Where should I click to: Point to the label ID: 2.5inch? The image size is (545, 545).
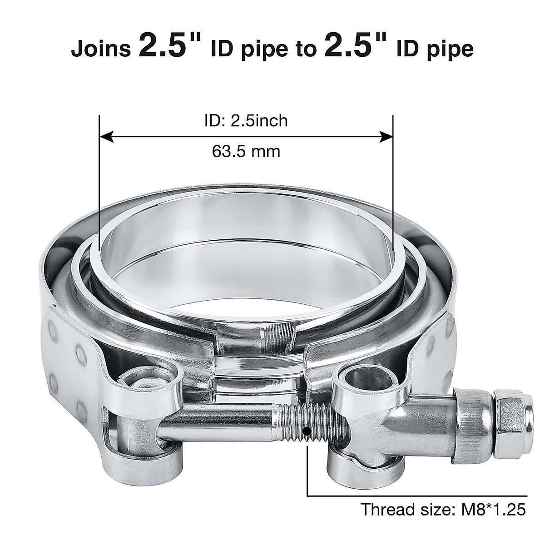(x=245, y=121)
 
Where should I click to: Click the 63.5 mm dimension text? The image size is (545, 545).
(x=246, y=151)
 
